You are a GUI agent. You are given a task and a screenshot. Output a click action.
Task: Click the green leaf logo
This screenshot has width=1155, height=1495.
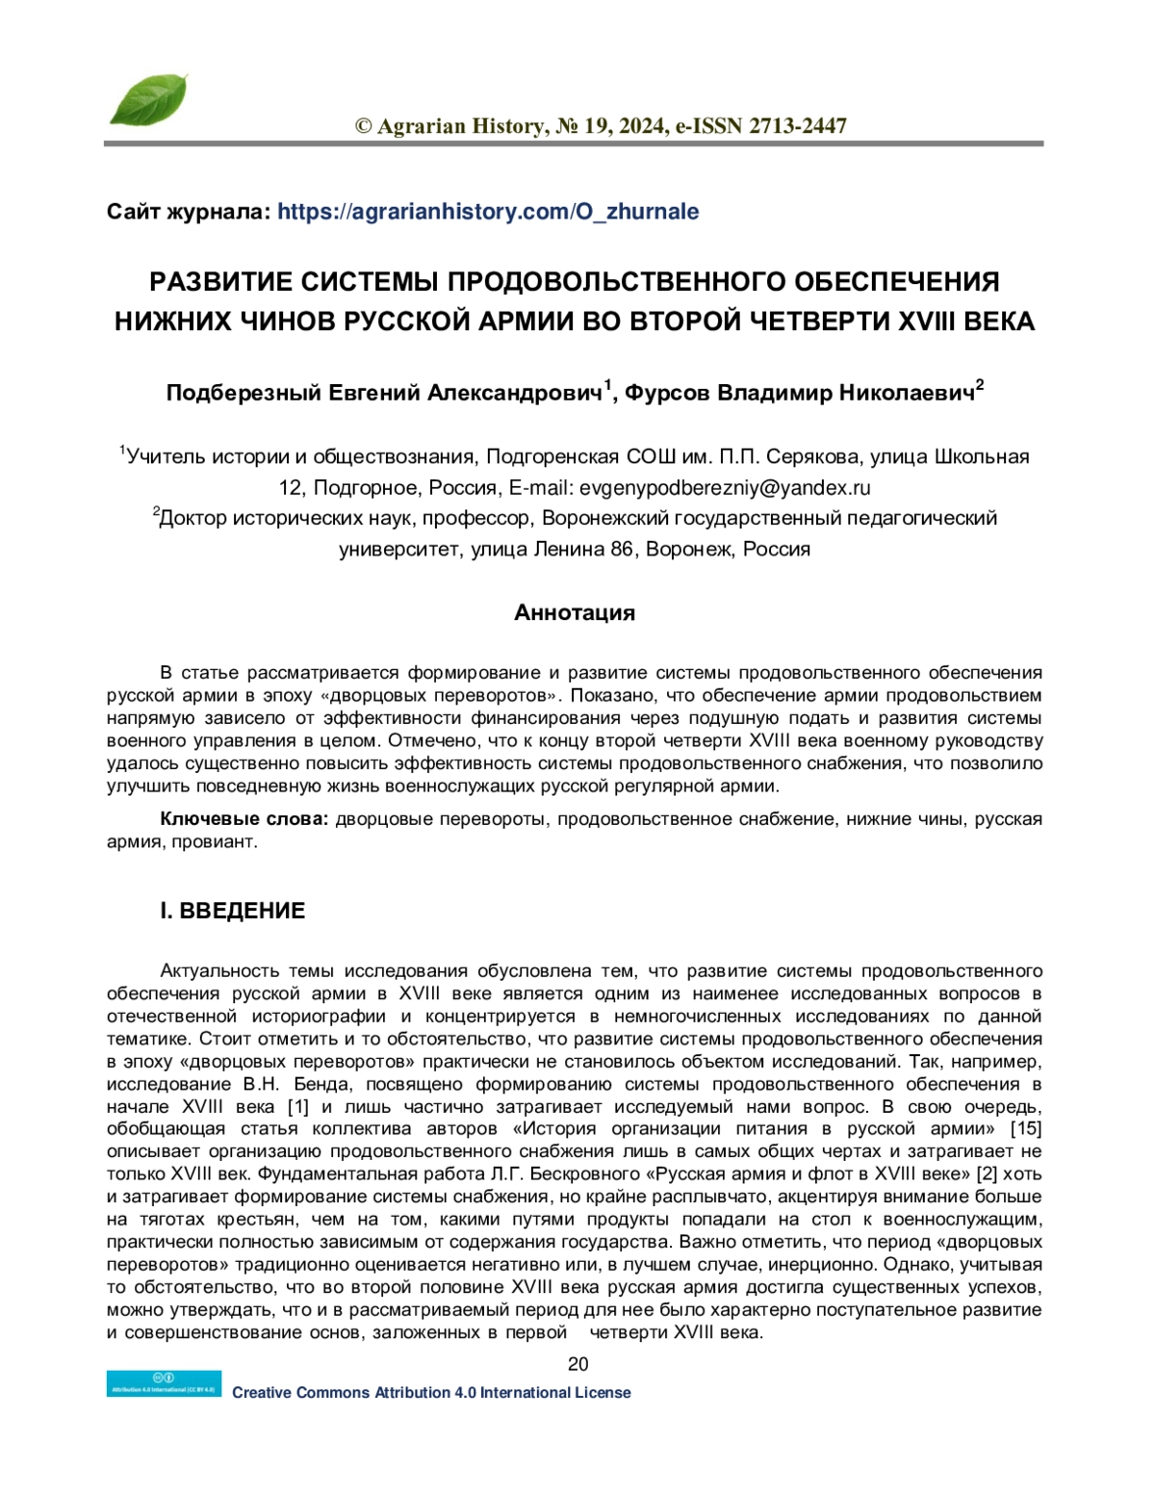[x=147, y=100]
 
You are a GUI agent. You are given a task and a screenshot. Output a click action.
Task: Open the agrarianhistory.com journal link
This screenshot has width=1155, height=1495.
[x=488, y=212]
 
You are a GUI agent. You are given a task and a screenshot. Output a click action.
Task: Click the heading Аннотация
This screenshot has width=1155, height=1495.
[x=575, y=613]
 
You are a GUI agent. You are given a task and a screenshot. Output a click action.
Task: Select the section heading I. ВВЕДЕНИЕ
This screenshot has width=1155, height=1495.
[x=232, y=911]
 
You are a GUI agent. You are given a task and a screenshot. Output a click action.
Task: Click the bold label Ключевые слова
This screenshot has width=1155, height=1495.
[x=244, y=820]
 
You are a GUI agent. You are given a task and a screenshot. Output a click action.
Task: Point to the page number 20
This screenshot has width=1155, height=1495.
[x=577, y=1363]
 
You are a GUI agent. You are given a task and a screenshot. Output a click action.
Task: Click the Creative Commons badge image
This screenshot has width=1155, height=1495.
[x=164, y=1383]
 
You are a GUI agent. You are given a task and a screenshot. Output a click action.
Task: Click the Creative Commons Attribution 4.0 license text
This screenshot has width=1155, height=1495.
[x=431, y=1392]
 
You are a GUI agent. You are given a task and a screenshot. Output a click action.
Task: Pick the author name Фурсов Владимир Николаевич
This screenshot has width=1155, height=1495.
[x=799, y=394]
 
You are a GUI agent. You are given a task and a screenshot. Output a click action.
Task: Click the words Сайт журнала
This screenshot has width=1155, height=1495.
[x=188, y=212]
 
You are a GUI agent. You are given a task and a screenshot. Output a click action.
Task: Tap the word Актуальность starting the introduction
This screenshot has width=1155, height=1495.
[x=218, y=970]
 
